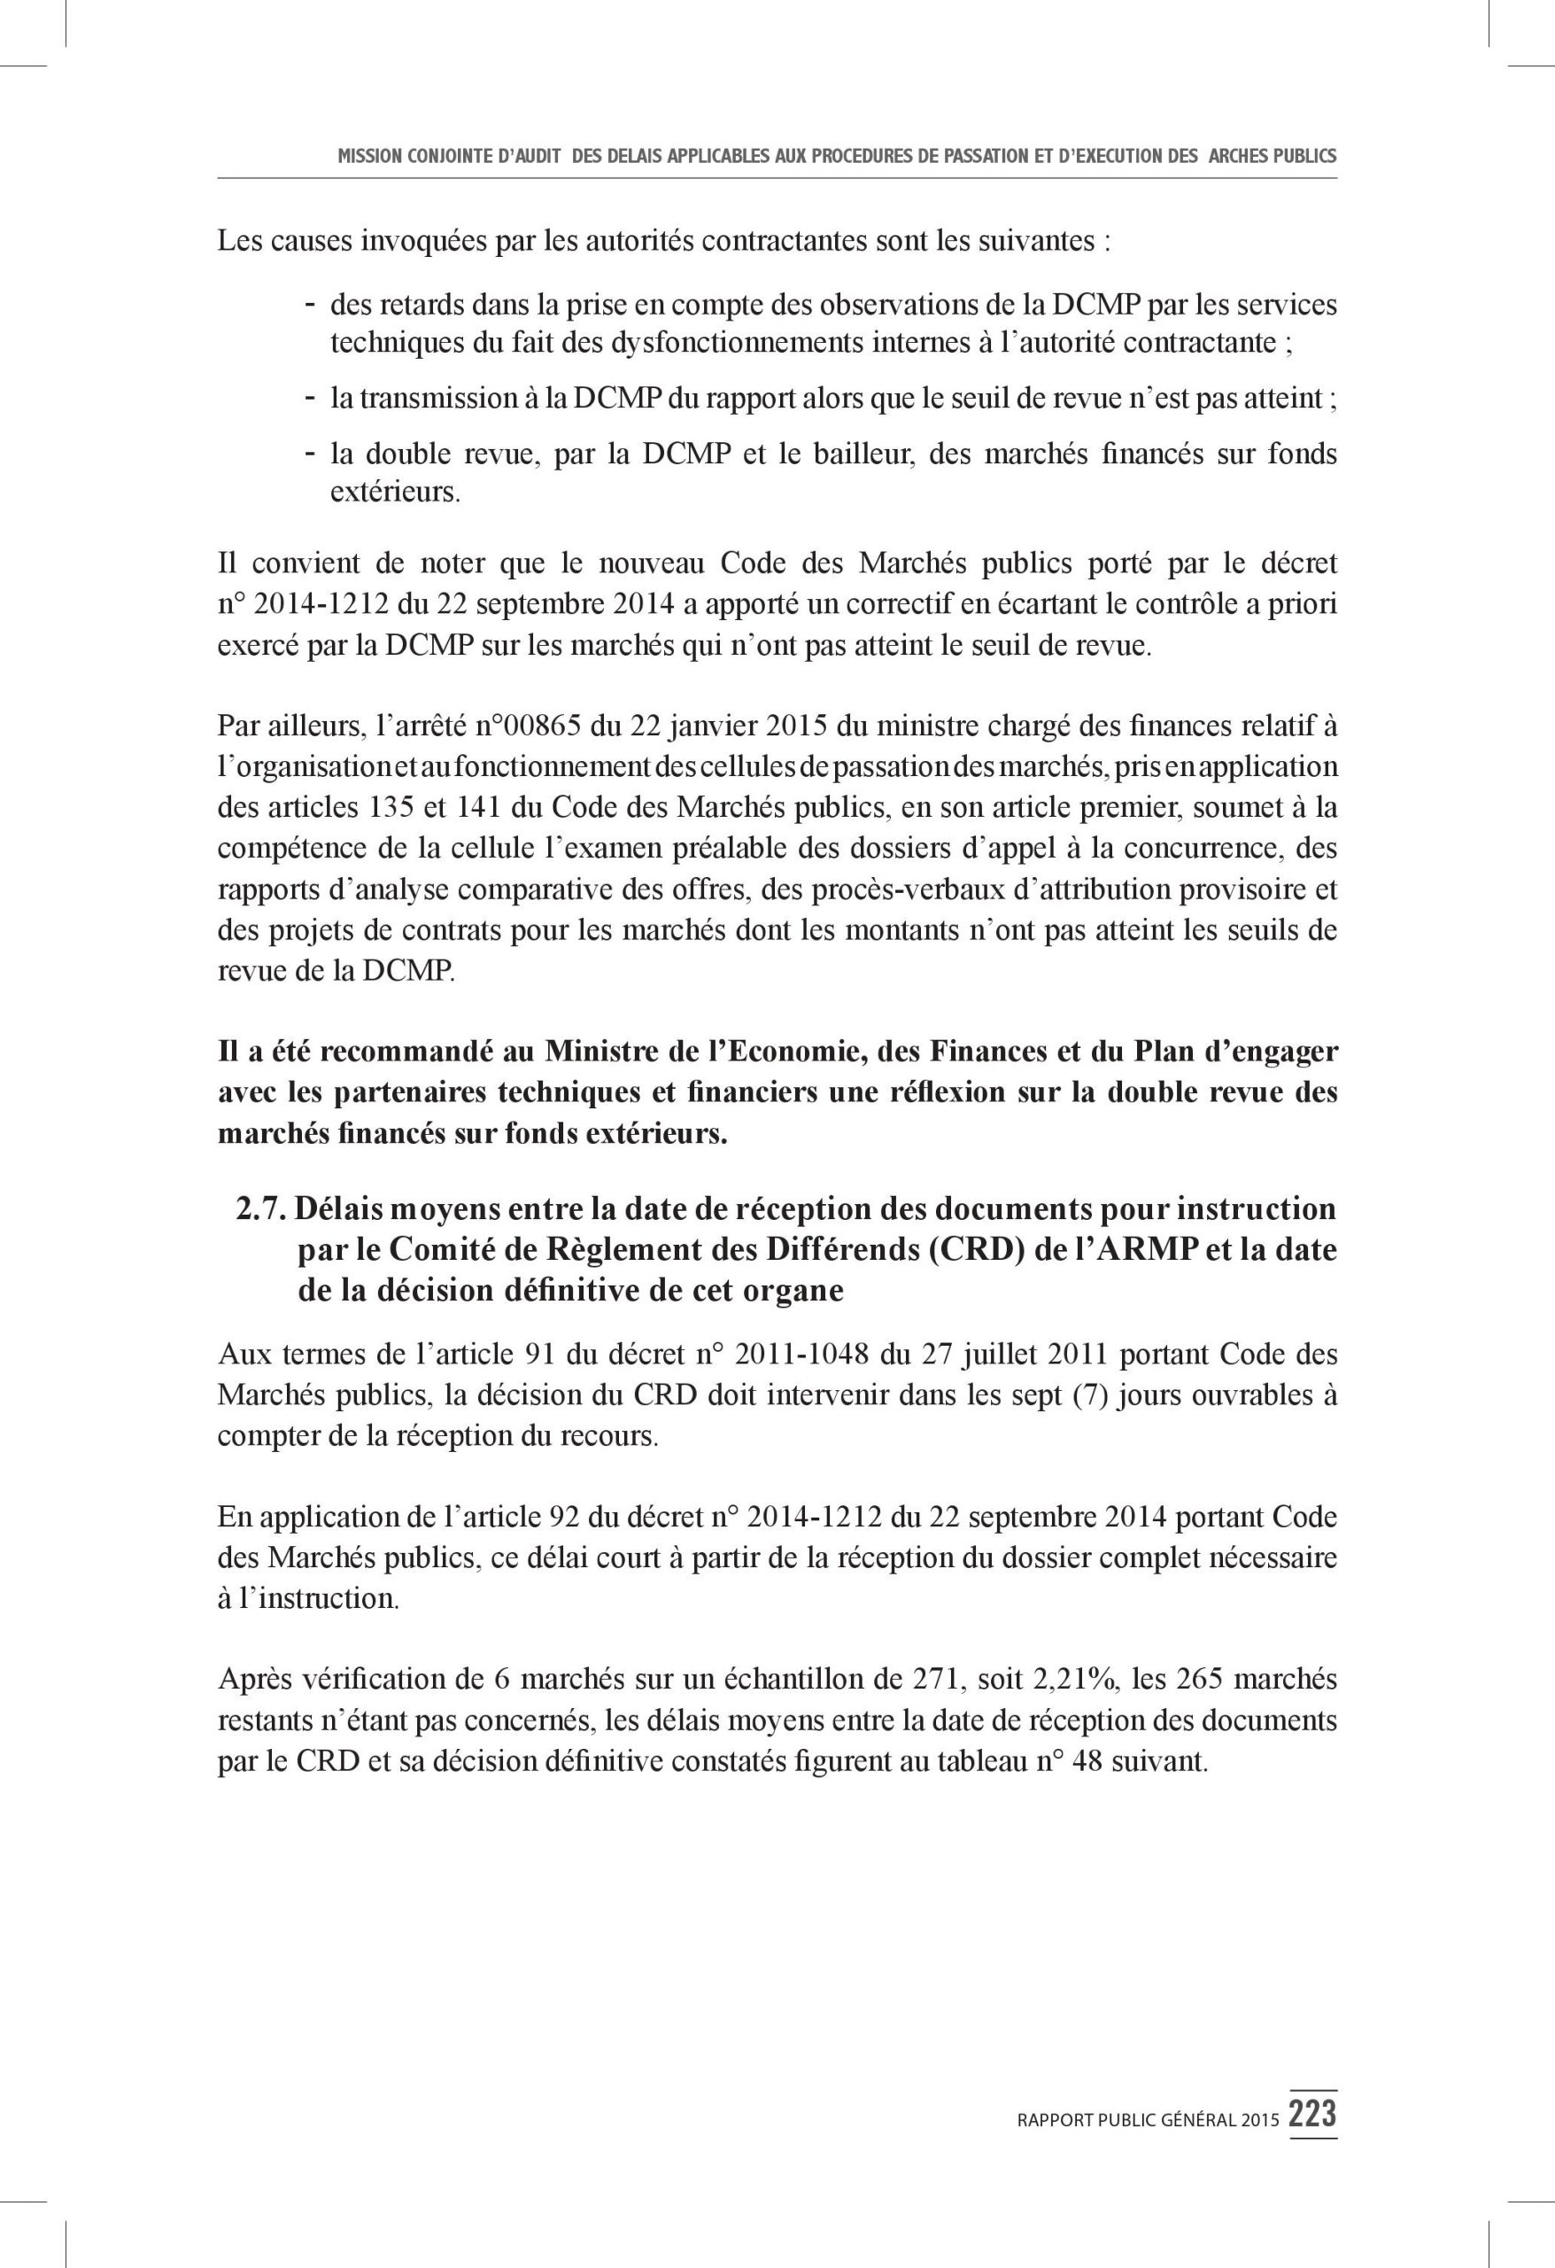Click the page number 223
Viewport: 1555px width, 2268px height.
tap(1312, 2113)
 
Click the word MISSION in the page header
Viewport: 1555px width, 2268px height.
tap(370, 156)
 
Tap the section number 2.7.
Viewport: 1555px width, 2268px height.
tap(260, 1209)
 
